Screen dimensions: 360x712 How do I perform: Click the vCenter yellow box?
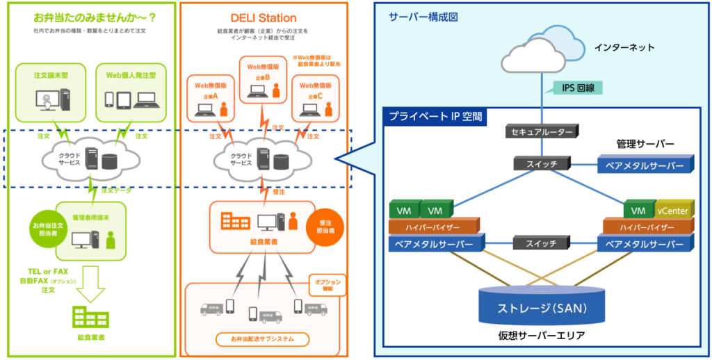click(672, 208)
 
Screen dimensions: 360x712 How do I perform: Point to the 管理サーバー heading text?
click(645, 145)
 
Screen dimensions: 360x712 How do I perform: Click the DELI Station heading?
click(263, 18)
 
